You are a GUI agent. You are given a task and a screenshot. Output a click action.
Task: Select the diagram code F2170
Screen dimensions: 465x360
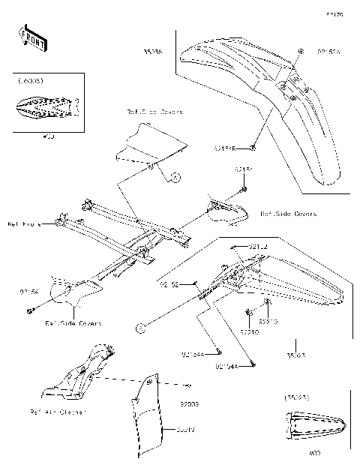point(334,14)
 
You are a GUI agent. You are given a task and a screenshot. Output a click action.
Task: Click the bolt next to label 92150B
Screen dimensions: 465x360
point(255,148)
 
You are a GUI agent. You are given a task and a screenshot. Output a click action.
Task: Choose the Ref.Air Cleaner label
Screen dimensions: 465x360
point(58,412)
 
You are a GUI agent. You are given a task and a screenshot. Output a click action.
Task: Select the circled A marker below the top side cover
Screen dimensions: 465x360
point(175,178)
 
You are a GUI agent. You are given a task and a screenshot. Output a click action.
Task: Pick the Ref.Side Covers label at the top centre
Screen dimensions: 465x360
point(154,111)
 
